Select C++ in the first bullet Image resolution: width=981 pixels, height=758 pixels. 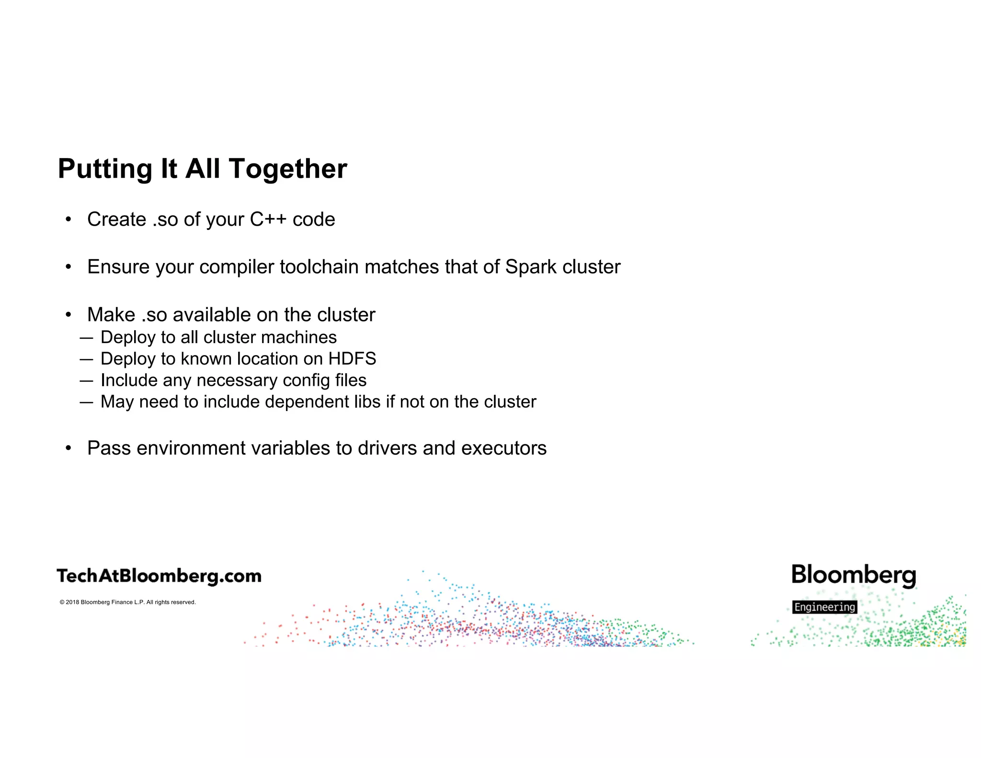[x=268, y=219]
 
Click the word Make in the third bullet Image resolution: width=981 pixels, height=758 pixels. [x=111, y=315]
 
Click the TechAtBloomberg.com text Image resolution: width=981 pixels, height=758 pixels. [x=159, y=576]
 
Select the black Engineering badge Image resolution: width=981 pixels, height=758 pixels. [x=824, y=607]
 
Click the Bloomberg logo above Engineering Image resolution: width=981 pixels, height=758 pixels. [x=854, y=575]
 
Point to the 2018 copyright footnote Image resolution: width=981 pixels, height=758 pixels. [x=127, y=602]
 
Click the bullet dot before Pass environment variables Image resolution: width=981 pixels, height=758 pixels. [x=68, y=448]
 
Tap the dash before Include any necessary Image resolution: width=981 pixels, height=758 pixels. [x=86, y=380]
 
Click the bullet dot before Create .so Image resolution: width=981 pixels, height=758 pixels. [x=68, y=219]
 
